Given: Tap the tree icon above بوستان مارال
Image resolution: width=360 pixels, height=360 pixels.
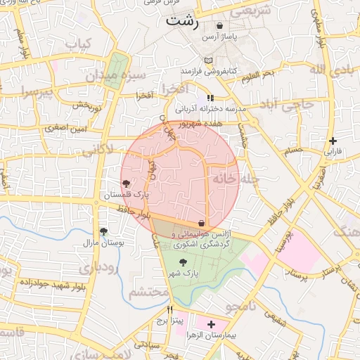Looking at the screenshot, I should coord(103,231).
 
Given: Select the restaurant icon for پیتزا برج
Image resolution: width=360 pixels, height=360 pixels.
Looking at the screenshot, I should coord(169,309).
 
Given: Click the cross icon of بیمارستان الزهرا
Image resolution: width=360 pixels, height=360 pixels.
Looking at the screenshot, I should coord(211,324).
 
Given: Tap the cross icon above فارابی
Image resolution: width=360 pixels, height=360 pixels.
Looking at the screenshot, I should coord(333,141).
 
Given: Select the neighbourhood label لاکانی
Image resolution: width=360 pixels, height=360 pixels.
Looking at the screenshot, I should coord(96,149).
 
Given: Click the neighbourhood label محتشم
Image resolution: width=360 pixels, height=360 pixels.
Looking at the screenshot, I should coord(149,292).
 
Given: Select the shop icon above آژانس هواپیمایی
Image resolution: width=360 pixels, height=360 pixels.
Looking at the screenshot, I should coord(202,223).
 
